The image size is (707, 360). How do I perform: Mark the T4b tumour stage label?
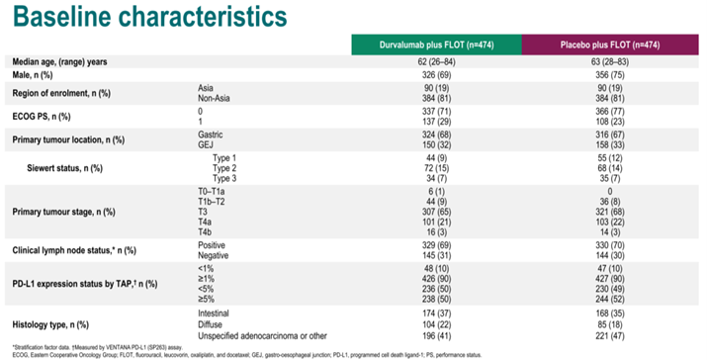[x=205, y=231]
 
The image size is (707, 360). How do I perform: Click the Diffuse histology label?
[x=214, y=323]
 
